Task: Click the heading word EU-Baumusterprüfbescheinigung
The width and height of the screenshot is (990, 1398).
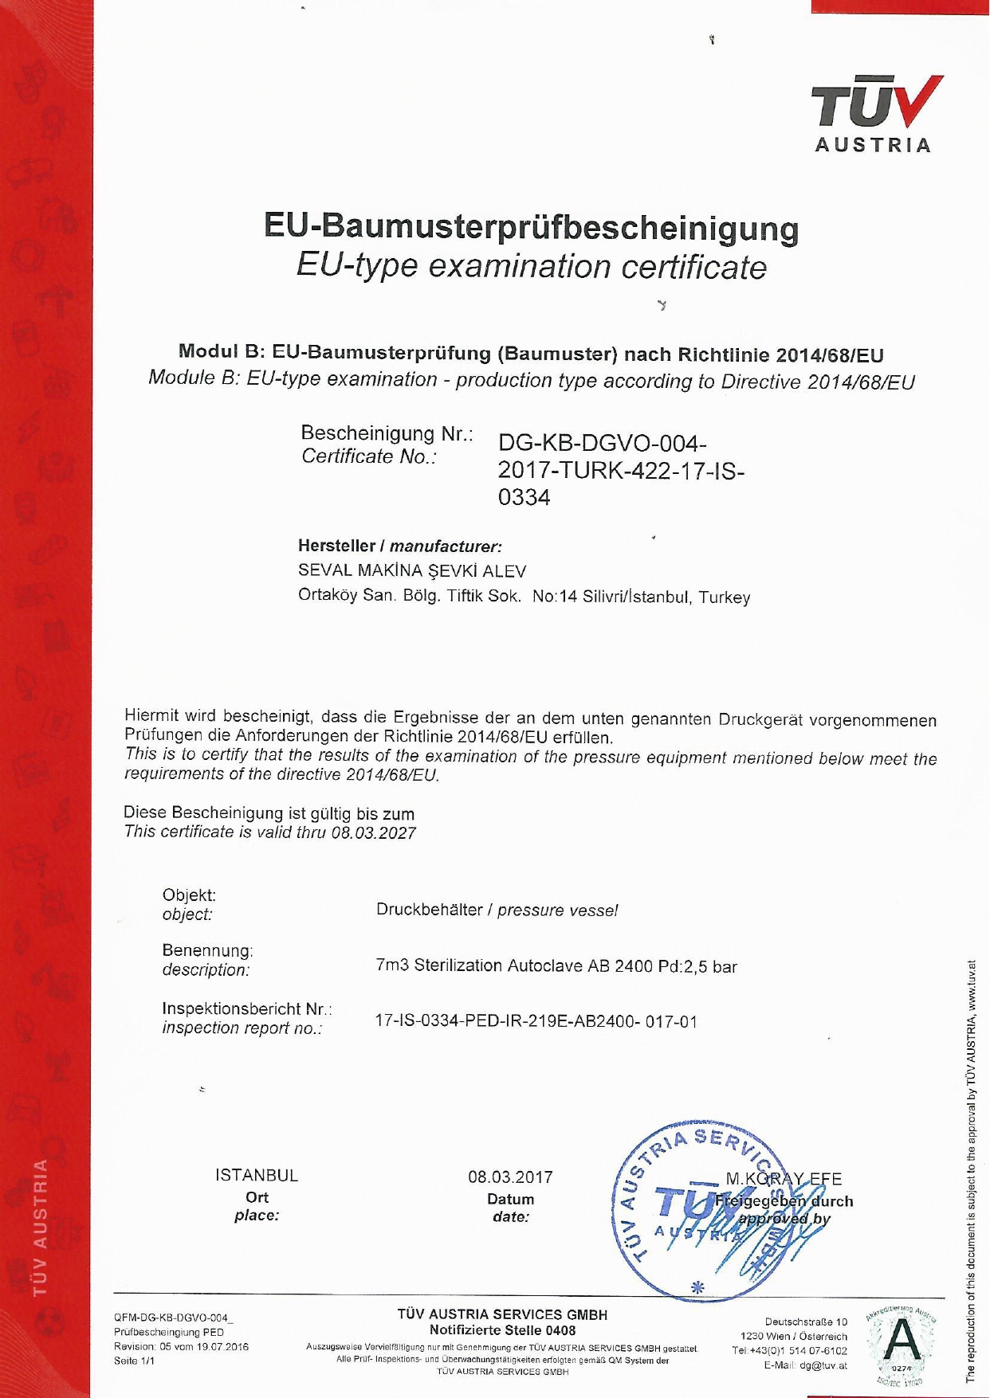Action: tap(531, 228)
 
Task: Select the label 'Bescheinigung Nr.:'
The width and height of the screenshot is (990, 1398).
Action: tap(387, 433)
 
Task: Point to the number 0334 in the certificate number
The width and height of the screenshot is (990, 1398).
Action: tap(524, 498)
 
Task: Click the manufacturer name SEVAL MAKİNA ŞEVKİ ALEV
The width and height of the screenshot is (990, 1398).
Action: tap(411, 570)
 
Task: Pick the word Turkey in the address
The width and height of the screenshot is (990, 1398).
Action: tap(725, 597)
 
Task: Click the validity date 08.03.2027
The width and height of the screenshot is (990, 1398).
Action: tap(373, 833)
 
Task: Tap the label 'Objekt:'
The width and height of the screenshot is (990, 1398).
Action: tap(189, 895)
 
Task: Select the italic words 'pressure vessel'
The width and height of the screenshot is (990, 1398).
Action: tap(557, 910)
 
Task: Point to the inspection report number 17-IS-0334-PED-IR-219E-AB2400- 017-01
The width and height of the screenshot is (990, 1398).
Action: tap(536, 1021)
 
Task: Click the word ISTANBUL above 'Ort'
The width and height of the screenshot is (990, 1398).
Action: tap(256, 1175)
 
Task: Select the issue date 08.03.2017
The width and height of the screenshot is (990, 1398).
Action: tap(510, 1177)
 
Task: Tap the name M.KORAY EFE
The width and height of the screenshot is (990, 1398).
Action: tap(783, 1179)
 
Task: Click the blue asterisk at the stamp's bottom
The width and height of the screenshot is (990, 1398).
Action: tap(697, 1286)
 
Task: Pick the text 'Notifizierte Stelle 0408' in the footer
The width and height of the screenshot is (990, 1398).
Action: tap(502, 1329)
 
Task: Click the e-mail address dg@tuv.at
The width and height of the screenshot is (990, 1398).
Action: tap(823, 1365)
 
